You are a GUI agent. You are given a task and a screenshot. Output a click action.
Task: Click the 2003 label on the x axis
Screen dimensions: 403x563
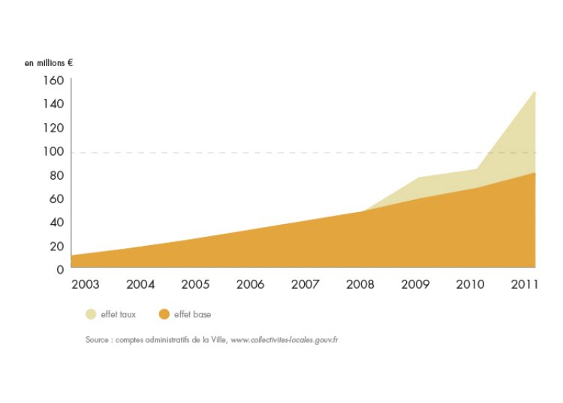(x=86, y=285)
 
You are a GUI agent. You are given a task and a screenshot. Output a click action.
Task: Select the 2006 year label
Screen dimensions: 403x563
(x=250, y=285)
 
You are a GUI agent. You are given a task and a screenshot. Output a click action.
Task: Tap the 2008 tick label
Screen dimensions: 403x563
(x=360, y=285)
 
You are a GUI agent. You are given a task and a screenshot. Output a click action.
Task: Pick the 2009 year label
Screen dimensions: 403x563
(x=415, y=285)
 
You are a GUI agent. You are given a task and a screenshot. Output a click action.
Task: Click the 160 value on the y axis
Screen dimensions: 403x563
(x=53, y=80)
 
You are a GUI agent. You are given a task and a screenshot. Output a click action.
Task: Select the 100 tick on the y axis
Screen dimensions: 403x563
(x=53, y=152)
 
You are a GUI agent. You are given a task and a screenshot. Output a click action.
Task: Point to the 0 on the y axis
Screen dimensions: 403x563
(x=60, y=268)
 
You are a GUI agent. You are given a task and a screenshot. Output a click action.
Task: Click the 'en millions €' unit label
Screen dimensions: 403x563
(x=50, y=63)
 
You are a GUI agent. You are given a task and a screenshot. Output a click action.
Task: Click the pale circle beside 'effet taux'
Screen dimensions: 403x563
(x=91, y=314)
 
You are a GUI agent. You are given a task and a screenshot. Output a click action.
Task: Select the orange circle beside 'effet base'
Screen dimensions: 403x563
(x=164, y=314)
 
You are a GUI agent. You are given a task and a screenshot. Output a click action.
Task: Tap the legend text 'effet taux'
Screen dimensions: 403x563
(x=118, y=314)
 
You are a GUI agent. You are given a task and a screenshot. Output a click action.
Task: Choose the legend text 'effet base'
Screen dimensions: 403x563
(x=192, y=314)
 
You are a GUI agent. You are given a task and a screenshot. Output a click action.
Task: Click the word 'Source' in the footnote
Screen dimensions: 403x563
(x=98, y=340)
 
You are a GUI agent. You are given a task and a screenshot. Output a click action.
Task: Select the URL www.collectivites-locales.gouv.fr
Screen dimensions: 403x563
(x=285, y=340)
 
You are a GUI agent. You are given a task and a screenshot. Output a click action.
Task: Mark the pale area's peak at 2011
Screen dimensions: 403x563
(x=534, y=92)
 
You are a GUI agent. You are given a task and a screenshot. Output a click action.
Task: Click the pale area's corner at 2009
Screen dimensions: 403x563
(x=415, y=177)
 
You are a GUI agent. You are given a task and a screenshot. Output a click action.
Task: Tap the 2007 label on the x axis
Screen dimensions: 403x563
(x=306, y=285)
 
